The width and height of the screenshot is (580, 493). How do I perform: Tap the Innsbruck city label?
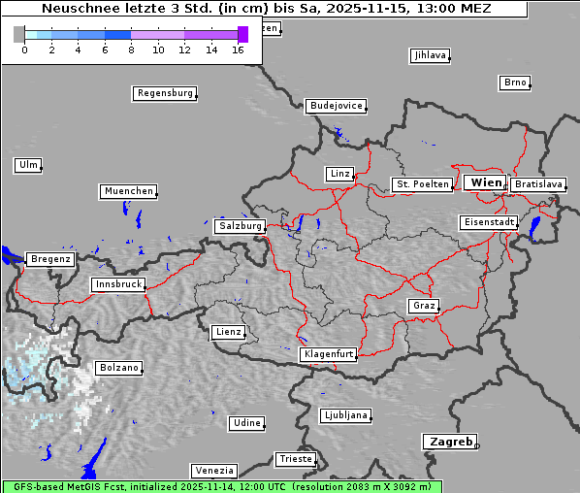click(117, 284)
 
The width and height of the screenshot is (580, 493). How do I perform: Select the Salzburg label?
click(240, 226)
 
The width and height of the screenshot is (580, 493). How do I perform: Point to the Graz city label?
click(423, 306)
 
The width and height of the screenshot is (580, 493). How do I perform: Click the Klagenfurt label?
click(328, 354)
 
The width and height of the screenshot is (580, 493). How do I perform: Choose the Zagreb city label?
click(448, 442)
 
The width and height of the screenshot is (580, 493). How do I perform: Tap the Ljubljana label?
click(345, 415)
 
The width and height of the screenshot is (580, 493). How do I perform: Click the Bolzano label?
click(118, 368)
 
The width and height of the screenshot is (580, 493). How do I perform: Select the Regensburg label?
click(164, 93)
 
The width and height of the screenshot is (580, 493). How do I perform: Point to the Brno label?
click(515, 82)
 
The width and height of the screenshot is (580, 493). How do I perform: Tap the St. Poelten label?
click(421, 184)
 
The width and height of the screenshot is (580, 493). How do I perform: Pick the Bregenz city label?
click(50, 259)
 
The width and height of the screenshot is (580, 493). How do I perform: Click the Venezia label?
click(212, 470)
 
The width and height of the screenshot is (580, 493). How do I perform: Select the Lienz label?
click(227, 332)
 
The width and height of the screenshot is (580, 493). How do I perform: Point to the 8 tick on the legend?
click(131, 49)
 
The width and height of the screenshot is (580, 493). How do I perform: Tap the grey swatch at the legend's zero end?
click(18, 34)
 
